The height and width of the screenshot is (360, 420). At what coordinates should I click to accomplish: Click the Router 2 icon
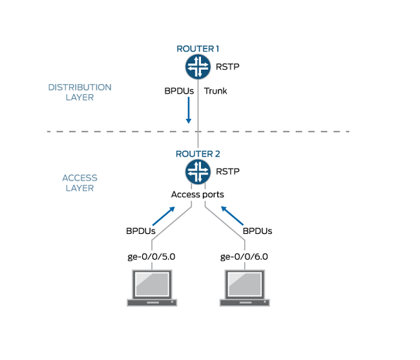[198, 171]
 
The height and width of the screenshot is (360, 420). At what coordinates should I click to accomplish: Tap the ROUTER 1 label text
[198, 48]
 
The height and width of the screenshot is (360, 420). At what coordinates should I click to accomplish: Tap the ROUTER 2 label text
[198, 154]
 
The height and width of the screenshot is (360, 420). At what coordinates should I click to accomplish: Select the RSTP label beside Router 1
[227, 67]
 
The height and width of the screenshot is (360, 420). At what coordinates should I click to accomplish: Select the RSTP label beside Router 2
[227, 172]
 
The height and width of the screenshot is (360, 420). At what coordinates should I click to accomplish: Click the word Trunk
[216, 91]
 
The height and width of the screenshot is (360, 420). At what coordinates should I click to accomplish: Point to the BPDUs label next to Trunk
[179, 91]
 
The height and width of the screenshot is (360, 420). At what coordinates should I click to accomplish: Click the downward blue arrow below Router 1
[188, 111]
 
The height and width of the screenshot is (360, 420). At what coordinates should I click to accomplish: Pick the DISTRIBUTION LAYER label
[79, 92]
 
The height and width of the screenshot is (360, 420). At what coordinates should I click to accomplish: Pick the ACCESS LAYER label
[79, 183]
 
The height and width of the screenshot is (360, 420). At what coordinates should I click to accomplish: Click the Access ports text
[198, 194]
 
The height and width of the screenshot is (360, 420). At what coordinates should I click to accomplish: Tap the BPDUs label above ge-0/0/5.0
[140, 231]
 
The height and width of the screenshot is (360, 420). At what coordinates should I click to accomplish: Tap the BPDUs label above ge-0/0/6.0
[257, 231]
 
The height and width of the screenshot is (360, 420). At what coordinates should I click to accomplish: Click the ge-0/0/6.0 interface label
[244, 257]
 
